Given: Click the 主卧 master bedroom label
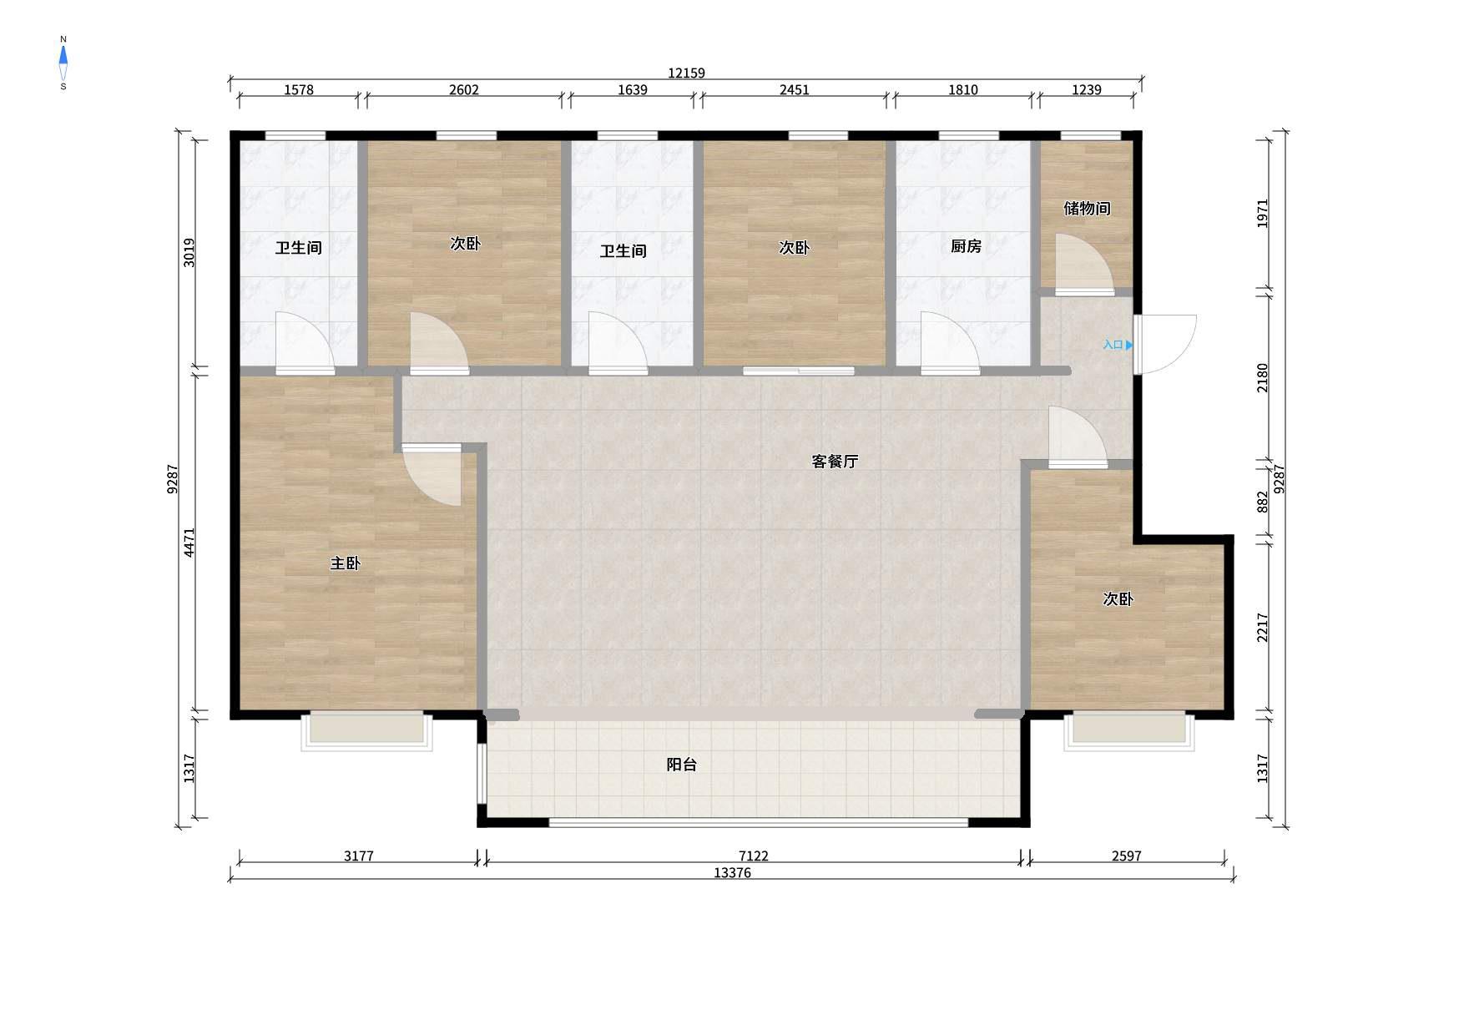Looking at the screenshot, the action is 345,563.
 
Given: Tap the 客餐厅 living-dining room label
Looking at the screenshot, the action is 835,462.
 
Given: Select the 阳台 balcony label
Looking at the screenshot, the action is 682,765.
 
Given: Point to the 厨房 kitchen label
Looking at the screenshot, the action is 966,246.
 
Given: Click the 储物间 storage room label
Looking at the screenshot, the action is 1087,208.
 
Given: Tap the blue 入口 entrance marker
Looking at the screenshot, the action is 1118,345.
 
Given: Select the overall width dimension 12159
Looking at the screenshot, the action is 686,73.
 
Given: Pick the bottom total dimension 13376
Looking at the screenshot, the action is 732,873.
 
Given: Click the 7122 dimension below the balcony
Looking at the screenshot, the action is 753,856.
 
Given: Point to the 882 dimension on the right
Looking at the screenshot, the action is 1262,502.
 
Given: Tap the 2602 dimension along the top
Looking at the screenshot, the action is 464,90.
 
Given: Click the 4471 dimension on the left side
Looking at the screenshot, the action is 189,543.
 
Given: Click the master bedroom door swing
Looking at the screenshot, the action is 431,474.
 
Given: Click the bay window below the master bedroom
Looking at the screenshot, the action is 367,730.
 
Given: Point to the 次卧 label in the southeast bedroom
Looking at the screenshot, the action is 1118,599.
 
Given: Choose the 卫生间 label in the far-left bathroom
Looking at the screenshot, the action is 299,248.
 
